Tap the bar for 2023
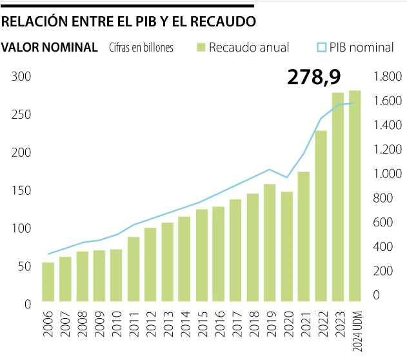pyautogui.click(x=338, y=197)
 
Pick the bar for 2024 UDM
pyautogui.click(x=355, y=196)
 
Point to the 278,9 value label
pyautogui.click(x=314, y=78)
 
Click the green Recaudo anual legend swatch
pyautogui.click(x=200, y=47)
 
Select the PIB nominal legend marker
pyautogui.click(x=321, y=47)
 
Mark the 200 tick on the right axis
pyautogui.click(x=382, y=271)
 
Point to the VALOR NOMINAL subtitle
pyautogui.click(x=50, y=47)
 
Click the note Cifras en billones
pyautogui.click(x=141, y=48)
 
